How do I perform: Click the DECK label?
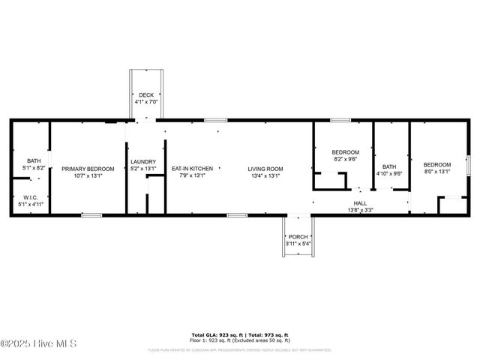pos(146,94)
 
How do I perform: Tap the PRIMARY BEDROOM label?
pos(88,169)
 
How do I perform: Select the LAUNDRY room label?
pos(143,162)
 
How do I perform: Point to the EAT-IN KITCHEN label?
pos(192,169)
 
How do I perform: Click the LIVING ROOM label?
pos(265,169)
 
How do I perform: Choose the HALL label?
pos(360,203)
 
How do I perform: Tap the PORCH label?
pos(298,237)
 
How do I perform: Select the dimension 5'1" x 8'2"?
pos(34,167)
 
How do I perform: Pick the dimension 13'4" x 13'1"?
pos(265,176)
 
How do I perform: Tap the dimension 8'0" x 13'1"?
pos(437,171)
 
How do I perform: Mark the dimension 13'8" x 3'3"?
pos(360,211)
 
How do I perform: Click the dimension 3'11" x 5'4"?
pos(298,244)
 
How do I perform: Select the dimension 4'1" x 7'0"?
pos(146,101)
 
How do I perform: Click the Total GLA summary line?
pos(240,334)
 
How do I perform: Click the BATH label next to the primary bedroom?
pos(34,160)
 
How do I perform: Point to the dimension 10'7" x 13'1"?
pos(88,176)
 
